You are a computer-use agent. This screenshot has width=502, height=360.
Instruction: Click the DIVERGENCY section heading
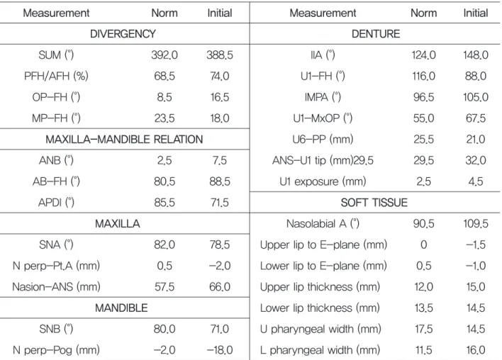pyautogui.click(x=123, y=34)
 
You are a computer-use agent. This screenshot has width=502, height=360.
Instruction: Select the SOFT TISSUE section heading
pyautogui.click(x=374, y=203)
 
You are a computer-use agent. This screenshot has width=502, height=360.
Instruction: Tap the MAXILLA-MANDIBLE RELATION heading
pyautogui.click(x=124, y=140)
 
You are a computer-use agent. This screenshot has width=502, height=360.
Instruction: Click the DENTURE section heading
pyautogui.click(x=376, y=34)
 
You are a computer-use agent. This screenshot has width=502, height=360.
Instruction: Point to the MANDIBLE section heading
pyautogui.click(x=121, y=308)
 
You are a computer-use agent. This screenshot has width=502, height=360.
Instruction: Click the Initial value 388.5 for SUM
pyautogui.click(x=220, y=55)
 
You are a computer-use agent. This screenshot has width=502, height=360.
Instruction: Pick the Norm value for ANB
pyautogui.click(x=164, y=160)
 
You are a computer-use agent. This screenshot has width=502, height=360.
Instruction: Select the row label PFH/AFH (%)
pyautogui.click(x=56, y=76)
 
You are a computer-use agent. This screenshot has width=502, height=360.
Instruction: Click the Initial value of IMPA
pyautogui.click(x=476, y=97)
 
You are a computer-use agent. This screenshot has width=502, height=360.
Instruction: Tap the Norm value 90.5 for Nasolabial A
pyautogui.click(x=423, y=224)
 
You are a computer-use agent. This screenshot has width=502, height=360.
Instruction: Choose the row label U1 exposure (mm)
pyautogui.click(x=323, y=181)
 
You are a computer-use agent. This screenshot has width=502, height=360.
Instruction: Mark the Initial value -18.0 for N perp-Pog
pyautogui.click(x=220, y=350)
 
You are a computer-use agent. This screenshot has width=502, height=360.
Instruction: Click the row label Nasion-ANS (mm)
pyautogui.click(x=56, y=287)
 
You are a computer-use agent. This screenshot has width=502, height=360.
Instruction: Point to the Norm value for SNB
pyautogui.click(x=164, y=329)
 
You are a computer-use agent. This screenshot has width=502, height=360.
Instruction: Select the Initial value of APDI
pyautogui.click(x=220, y=203)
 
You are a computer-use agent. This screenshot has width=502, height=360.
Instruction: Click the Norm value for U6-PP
pyautogui.click(x=423, y=140)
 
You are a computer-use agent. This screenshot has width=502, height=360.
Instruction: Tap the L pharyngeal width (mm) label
pyautogui.click(x=320, y=350)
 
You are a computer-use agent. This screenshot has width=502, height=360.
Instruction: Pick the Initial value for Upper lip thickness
pyautogui.click(x=476, y=287)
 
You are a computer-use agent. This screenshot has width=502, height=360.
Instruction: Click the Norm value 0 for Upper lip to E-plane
pyautogui.click(x=423, y=244)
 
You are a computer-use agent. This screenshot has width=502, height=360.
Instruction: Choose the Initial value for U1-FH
pyautogui.click(x=476, y=76)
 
